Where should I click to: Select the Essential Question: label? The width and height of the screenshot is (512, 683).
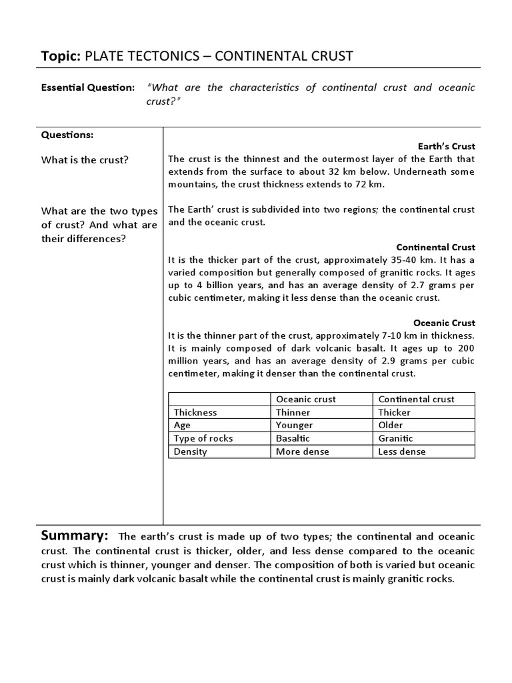click(88, 88)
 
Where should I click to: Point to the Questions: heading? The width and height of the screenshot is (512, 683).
click(67, 134)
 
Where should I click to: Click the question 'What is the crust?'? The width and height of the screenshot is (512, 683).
click(85, 160)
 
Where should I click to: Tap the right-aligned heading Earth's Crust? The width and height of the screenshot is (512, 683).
click(446, 146)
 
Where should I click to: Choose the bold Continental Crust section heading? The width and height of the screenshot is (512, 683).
click(435, 247)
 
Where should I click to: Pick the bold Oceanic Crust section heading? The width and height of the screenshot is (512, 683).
click(444, 323)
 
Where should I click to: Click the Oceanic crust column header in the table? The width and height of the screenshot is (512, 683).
click(306, 399)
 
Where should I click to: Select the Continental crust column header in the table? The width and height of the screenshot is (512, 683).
click(416, 399)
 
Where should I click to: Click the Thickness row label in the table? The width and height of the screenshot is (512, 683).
click(195, 412)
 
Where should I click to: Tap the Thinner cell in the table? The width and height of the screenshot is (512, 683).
click(293, 412)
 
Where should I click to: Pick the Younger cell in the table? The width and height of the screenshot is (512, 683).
click(294, 425)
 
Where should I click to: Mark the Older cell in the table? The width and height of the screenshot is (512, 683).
click(391, 425)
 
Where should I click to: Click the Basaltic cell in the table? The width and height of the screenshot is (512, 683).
click(293, 438)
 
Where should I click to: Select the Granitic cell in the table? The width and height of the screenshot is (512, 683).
click(395, 438)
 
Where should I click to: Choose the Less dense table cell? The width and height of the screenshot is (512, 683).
click(402, 452)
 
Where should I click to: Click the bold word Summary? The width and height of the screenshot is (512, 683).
click(75, 536)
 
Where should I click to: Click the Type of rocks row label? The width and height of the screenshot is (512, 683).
click(203, 438)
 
